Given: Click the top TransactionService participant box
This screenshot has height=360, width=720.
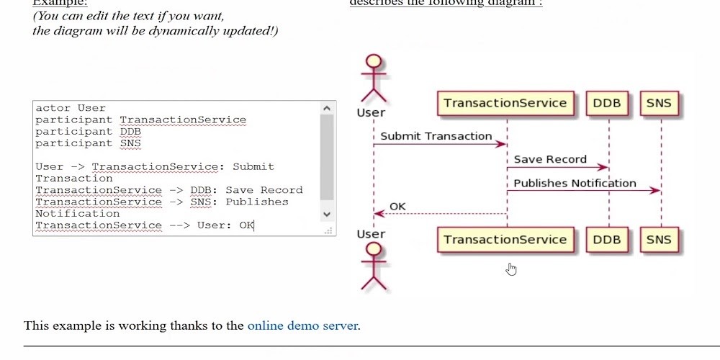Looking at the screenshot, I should coord(505,103).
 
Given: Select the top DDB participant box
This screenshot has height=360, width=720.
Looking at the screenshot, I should coord(607,103).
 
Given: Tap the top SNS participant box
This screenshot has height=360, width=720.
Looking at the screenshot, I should coord(659,103).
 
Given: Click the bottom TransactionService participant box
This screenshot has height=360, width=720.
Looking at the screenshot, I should coord(505,240).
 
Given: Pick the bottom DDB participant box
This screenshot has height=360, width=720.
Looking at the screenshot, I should coord(607,240).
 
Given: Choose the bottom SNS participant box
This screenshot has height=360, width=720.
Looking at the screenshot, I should coord(659,240).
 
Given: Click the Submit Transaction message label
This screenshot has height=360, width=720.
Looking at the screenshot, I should coord(436,136).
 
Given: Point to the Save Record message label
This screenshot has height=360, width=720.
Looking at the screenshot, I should coord(551,159).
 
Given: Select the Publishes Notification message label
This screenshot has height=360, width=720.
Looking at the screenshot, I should coord(575,183).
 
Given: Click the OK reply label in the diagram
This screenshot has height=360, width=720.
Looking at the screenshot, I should coord(397,207).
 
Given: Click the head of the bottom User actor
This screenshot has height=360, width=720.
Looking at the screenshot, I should coord(374,249).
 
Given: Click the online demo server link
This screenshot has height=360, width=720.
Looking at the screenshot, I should coord(302,325).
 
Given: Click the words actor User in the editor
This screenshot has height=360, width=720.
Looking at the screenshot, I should coord(71,108).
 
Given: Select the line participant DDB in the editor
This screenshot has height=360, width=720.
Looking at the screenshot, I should coord(88,132).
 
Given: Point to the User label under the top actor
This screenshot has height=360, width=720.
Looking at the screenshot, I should coord(371,112).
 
